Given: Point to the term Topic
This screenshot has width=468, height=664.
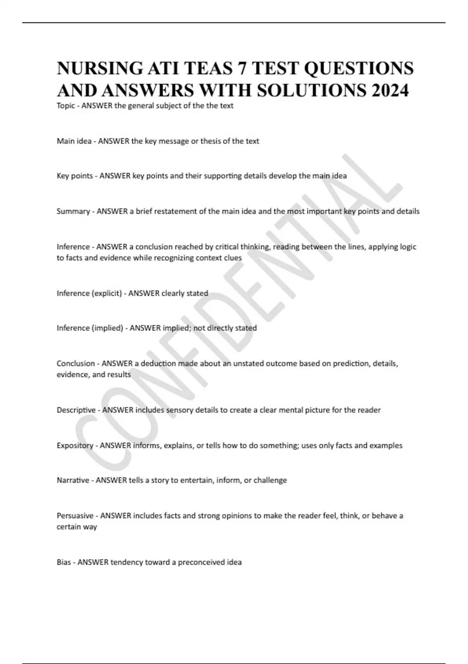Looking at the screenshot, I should click(66, 106).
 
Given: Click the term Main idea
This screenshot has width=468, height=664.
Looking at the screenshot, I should click(74, 141).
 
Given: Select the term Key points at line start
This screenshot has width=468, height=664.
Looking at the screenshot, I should click(74, 176).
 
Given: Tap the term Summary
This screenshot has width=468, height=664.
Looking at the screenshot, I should click(73, 211).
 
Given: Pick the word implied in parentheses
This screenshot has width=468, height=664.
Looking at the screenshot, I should click(107, 328).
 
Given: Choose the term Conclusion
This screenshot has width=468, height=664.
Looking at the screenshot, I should click(76, 364).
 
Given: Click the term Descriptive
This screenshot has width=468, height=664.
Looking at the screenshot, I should click(76, 410).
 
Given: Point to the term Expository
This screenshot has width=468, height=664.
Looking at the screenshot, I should click(75, 446).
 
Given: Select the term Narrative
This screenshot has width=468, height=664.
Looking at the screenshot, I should click(73, 480).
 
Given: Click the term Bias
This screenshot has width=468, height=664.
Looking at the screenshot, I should click(64, 562).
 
